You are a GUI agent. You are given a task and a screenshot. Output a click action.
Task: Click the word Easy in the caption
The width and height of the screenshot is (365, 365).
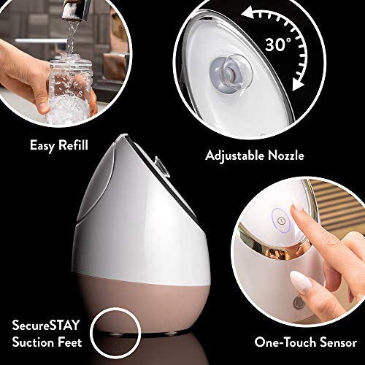pos(42,146)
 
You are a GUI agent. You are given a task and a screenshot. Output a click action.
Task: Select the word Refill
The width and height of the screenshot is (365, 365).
pos(72,146)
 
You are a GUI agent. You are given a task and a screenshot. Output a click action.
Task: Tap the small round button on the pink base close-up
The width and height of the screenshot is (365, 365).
pos(297,303)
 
